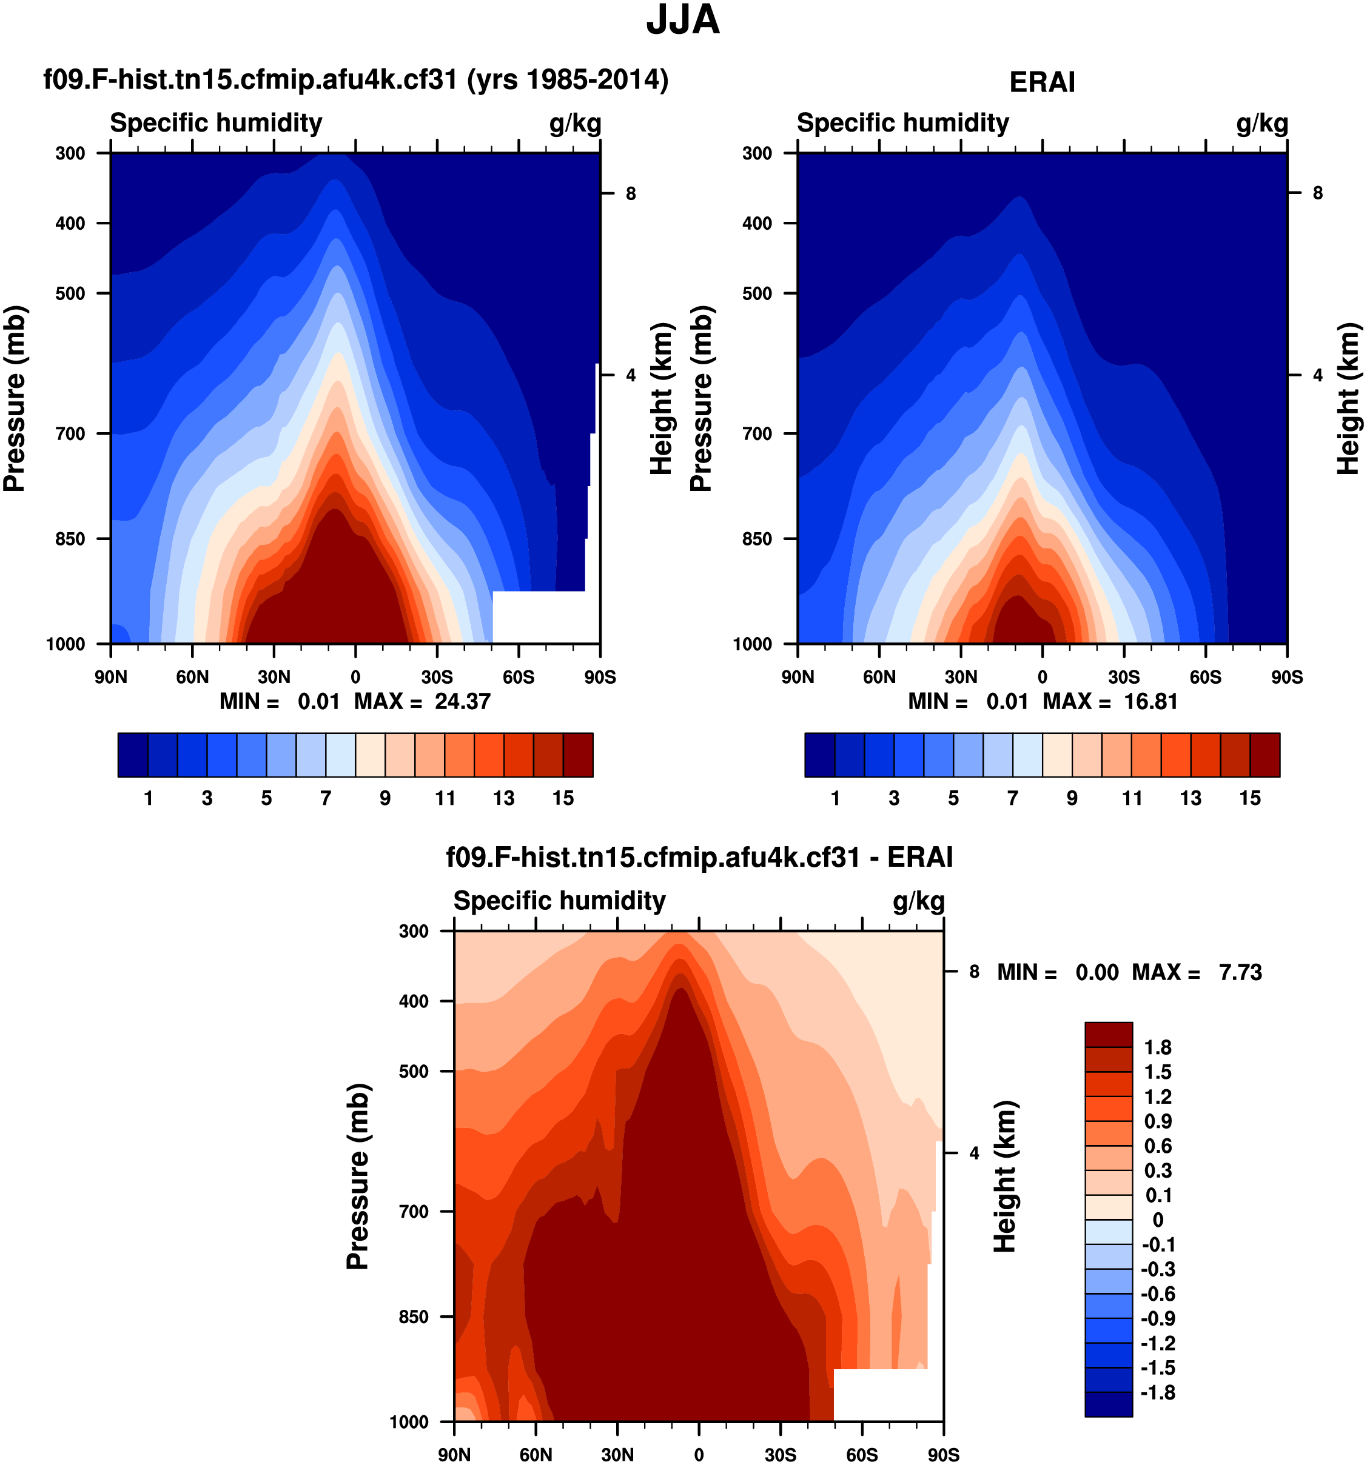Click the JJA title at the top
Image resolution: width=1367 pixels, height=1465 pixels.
pos(683,21)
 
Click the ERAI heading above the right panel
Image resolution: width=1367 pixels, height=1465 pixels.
pos(1042,82)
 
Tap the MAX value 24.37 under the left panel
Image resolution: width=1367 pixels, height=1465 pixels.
pos(462,701)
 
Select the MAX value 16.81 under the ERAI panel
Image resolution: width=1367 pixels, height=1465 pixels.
pos(1150,701)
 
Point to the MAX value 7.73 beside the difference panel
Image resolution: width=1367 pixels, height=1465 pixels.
pos(1240,972)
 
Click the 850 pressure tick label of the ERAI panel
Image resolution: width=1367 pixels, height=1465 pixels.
pos(757,539)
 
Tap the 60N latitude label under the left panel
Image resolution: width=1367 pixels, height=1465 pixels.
pos(192,676)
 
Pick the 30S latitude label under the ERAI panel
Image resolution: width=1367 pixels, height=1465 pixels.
pos(1124,676)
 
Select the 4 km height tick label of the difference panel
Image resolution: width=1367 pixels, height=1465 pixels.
pos(974,1153)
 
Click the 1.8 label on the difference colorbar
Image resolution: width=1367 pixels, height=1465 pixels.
pos(1158,1047)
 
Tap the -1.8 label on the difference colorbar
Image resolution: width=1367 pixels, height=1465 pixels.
pos(1158,1392)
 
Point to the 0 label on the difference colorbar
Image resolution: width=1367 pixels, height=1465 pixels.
pos(1158,1220)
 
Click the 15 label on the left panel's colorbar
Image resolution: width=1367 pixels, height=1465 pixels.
pos(563,798)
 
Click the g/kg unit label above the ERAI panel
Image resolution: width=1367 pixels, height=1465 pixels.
pos(1261,123)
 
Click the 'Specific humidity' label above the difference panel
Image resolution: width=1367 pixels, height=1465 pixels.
pos(559,901)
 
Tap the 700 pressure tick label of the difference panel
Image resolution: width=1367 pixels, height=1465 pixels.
pos(414,1212)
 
